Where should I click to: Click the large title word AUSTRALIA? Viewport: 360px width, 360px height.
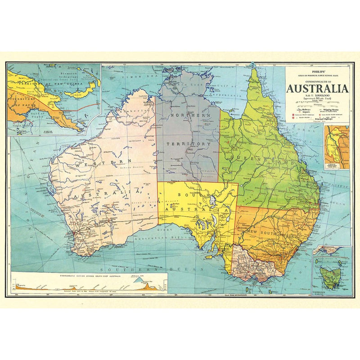coord(317,88)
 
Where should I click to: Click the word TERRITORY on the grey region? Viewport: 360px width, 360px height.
coord(188,144)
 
